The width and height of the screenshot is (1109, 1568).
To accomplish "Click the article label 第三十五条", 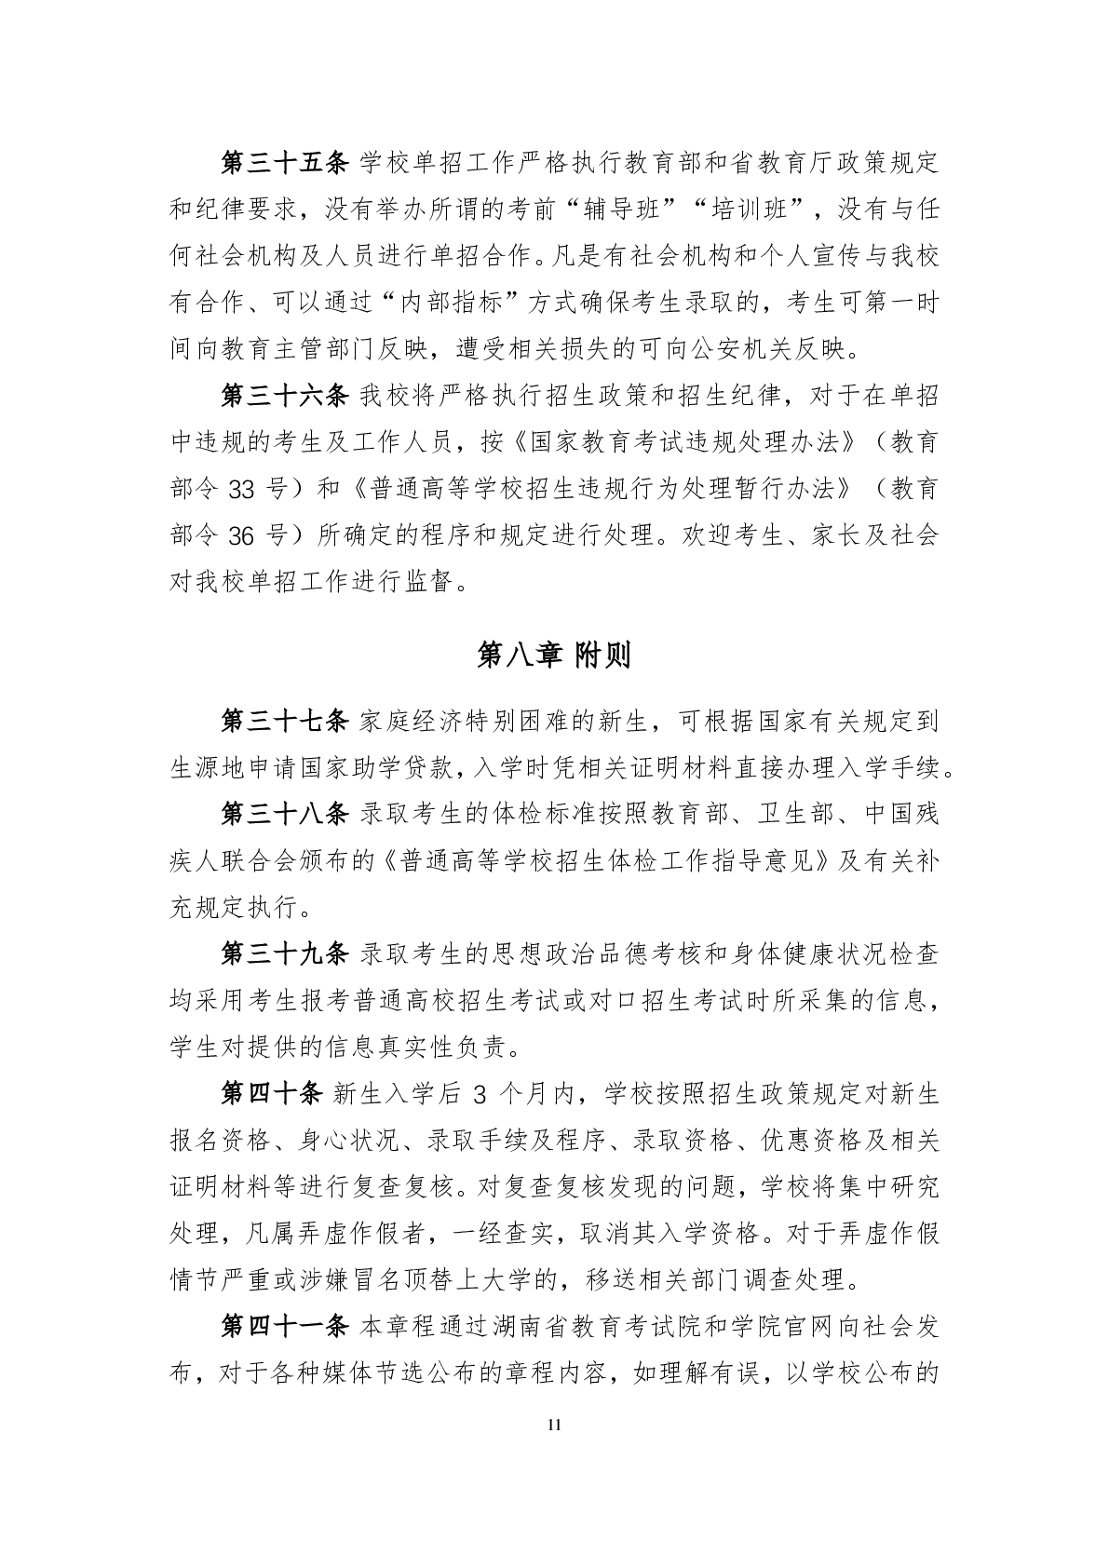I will tap(284, 163).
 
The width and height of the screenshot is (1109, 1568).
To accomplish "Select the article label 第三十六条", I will tap(284, 396).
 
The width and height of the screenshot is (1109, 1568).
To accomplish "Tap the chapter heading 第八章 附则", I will tap(554, 656).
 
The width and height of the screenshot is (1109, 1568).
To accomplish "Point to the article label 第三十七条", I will tap(284, 722).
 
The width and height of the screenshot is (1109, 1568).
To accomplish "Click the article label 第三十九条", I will tap(284, 954).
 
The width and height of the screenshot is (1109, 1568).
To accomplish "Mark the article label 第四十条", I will tap(271, 1094).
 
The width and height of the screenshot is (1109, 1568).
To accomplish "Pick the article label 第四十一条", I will tap(284, 1327).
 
